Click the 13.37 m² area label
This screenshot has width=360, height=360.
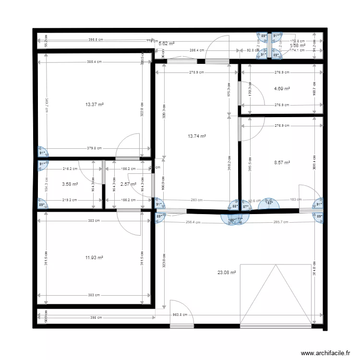coord(95,104)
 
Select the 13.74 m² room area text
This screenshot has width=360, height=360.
coord(197,136)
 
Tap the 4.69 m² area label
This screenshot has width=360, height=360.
coord(282,88)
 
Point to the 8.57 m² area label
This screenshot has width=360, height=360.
coord(282,163)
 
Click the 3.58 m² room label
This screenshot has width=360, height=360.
coord(70,184)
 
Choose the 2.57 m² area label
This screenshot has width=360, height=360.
coord(128,184)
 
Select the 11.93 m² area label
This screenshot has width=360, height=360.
coord(95,258)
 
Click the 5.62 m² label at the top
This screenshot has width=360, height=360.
coord(166,44)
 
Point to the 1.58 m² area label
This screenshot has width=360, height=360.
coord(298,45)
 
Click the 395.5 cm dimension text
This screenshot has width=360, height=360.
coord(96,40)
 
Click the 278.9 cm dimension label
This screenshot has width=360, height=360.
coord(196,72)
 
